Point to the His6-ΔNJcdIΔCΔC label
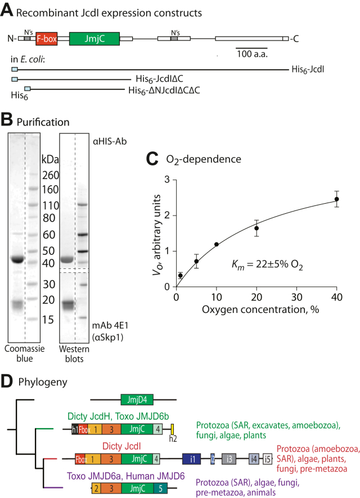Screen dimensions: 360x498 point(164,89)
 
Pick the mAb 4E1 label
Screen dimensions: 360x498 point(108,324)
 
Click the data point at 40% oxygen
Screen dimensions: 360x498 point(336,199)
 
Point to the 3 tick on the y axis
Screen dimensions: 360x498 point(166,180)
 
